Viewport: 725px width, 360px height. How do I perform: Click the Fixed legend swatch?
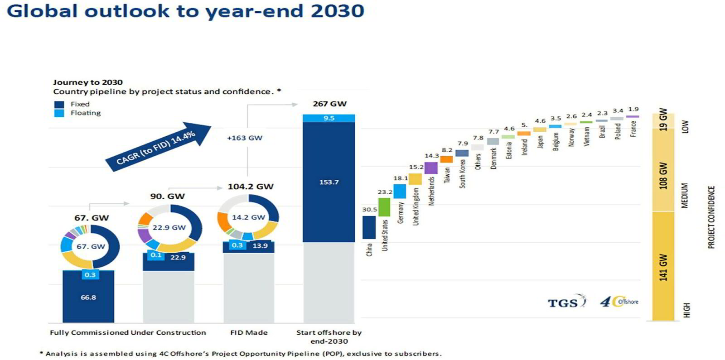(x=59, y=105)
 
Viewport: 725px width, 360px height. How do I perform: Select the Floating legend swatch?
(x=59, y=114)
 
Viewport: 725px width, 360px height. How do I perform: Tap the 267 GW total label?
(x=329, y=104)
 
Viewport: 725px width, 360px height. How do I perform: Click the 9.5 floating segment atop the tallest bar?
(x=329, y=118)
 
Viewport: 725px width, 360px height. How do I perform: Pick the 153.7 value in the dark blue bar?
(x=329, y=182)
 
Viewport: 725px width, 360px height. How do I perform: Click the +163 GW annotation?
(x=245, y=138)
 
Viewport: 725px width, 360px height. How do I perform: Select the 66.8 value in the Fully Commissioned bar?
(x=88, y=298)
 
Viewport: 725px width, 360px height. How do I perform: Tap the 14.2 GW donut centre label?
(x=248, y=217)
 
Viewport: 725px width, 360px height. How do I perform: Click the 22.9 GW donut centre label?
(x=169, y=227)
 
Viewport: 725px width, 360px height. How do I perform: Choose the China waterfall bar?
(x=369, y=227)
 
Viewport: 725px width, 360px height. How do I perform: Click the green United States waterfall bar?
(x=384, y=207)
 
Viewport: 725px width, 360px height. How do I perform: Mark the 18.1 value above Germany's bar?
(x=401, y=178)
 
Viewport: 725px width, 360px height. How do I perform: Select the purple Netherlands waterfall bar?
(x=431, y=168)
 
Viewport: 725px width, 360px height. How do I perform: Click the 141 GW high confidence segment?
(x=663, y=266)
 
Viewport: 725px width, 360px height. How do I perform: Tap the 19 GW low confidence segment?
(x=663, y=120)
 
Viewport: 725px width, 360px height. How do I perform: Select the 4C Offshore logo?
(x=619, y=302)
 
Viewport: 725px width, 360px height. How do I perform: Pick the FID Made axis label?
(x=249, y=332)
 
